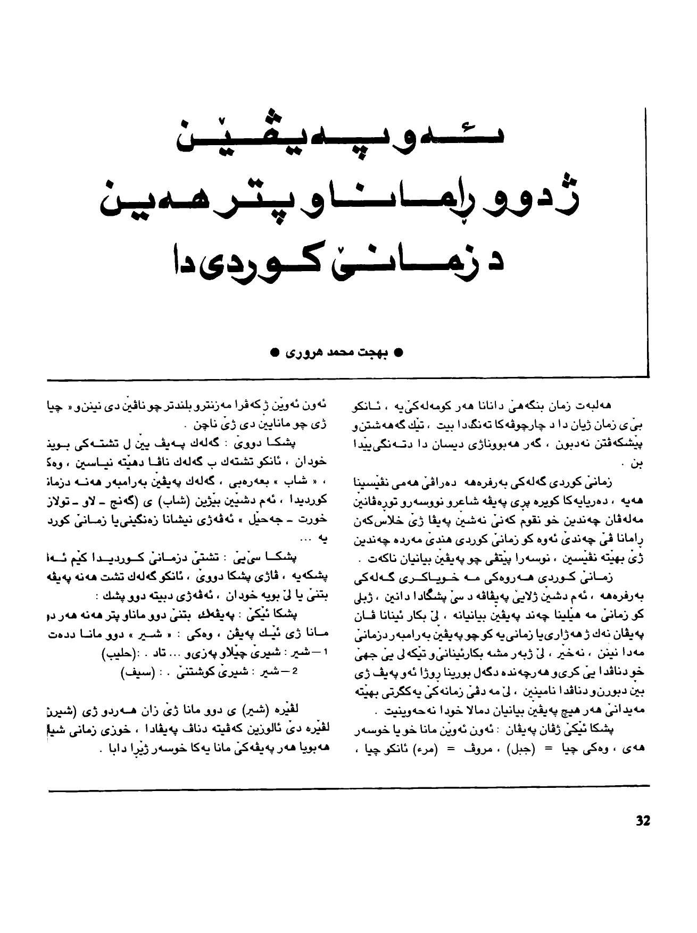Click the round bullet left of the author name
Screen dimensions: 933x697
274,352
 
